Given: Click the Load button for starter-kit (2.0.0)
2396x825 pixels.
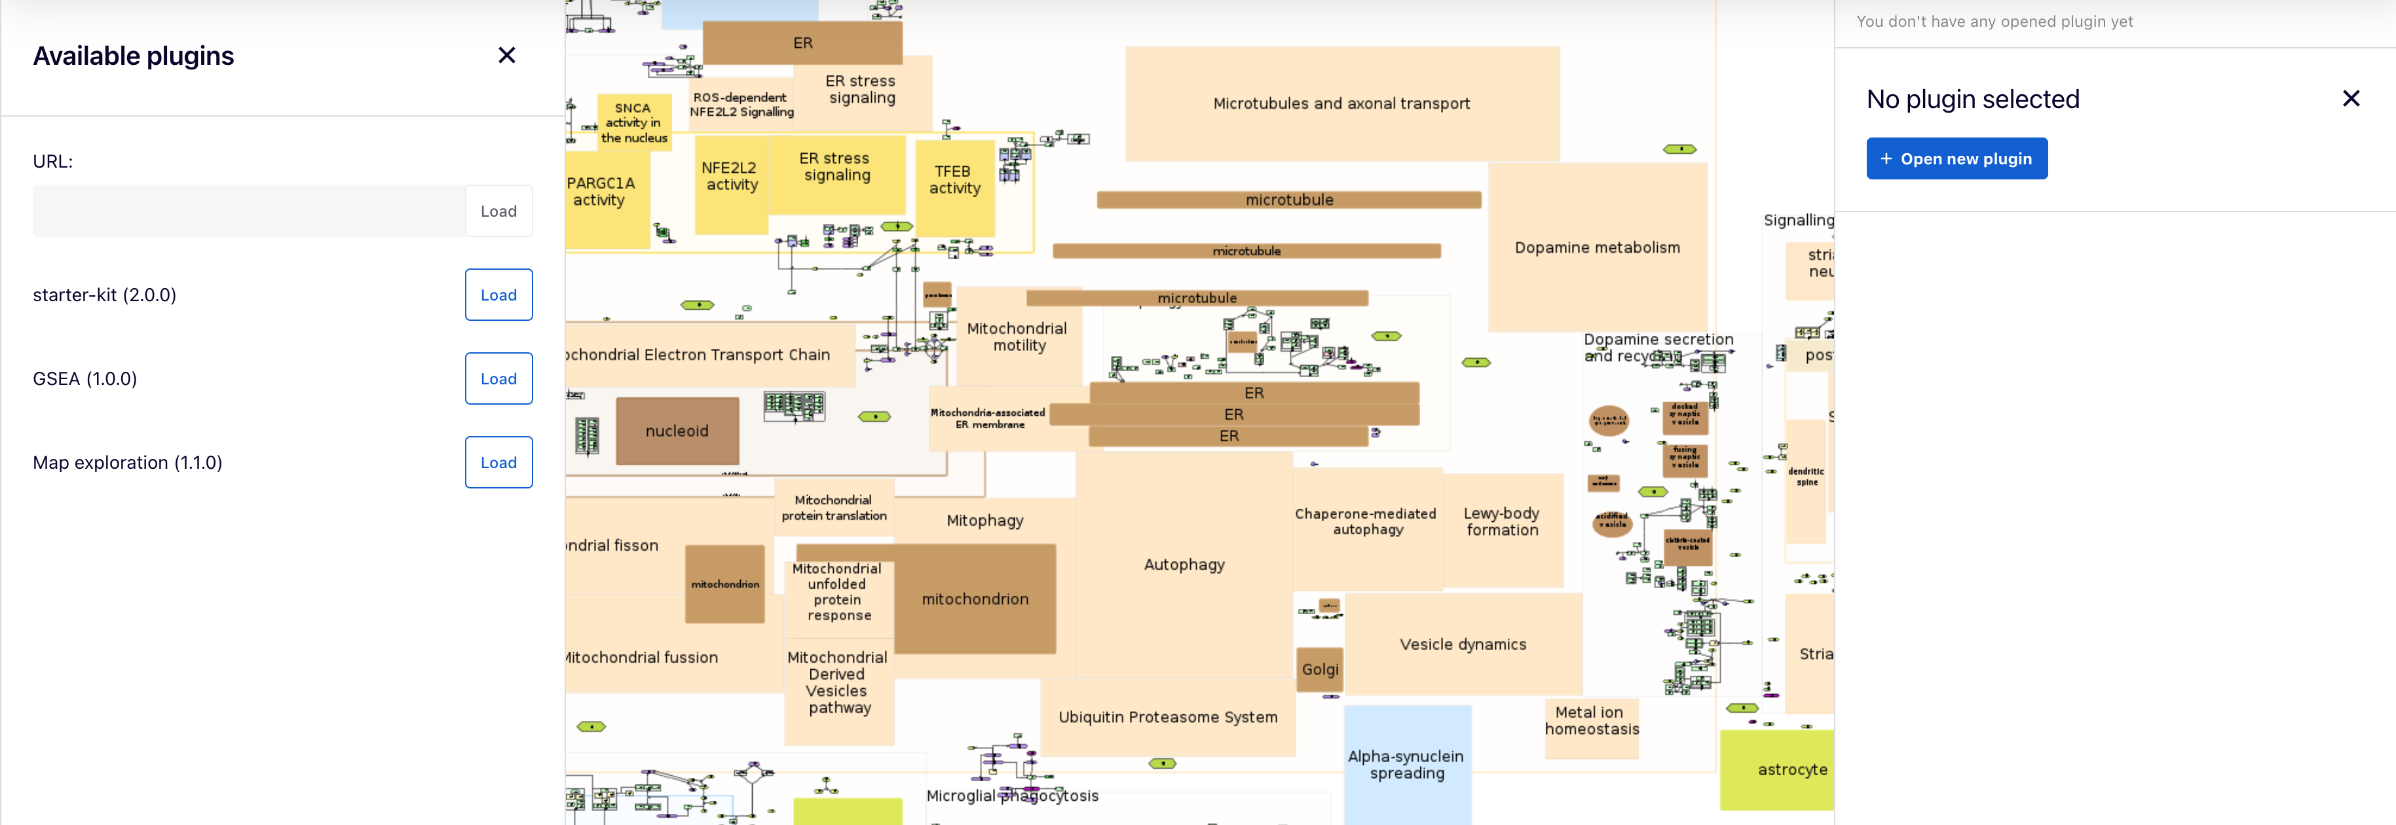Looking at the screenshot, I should tap(498, 295).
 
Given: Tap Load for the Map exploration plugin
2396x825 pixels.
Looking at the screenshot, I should tap(498, 462).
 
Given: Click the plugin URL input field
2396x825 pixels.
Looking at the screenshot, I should tap(248, 211).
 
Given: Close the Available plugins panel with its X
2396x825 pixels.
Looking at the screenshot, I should tap(507, 56).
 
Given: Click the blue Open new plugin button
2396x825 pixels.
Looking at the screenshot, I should tap(1956, 159).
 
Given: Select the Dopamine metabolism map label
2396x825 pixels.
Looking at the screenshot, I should tap(1597, 247).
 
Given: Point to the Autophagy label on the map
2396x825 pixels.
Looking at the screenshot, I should tap(1184, 564).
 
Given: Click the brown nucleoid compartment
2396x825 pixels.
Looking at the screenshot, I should tap(677, 431).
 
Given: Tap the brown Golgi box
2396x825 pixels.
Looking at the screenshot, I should tap(1320, 670).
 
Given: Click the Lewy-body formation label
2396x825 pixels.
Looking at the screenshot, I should tap(1501, 522).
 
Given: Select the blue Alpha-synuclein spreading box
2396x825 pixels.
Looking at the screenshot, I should tap(1406, 765).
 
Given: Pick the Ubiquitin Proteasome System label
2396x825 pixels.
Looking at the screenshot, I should tap(1167, 717).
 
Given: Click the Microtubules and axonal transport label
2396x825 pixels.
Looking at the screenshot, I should tap(1341, 103).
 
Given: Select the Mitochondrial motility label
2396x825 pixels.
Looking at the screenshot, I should tap(1018, 337).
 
